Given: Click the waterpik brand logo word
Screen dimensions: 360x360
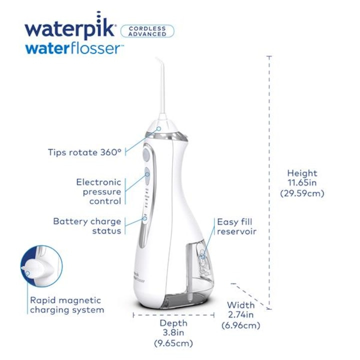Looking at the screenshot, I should pos(70,29).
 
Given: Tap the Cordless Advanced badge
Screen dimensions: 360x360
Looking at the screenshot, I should pos(147,31).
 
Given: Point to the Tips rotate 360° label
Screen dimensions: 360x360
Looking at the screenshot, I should pos(84,152).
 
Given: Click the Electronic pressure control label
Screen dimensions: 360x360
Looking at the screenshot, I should pos(98,191).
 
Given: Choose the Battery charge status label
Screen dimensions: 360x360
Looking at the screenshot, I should pos(87,226).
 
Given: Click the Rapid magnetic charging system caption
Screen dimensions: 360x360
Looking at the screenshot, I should pos(67,305).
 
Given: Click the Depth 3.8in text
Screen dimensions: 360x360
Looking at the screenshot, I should pos(173,328).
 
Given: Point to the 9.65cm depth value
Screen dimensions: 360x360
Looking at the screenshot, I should pos(173,343).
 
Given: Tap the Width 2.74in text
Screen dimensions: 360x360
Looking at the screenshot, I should pos(241,310).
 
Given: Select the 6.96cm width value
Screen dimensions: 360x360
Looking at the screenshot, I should pos(241,325).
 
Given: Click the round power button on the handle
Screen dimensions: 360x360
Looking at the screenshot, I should pos(146,154).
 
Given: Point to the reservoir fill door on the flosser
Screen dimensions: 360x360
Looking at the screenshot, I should pos(202,258).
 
